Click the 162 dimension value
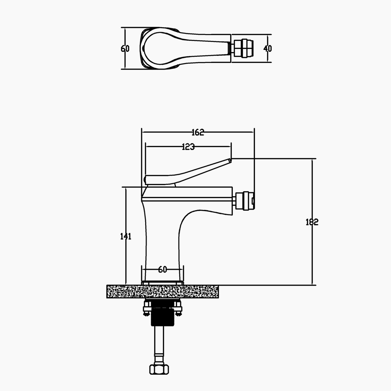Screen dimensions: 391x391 coord(198,132)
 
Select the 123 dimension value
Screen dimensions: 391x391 coord(188,147)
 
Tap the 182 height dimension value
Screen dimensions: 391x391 coord(312,222)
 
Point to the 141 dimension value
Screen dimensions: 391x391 coord(126,236)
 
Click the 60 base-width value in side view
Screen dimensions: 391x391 coord(162,270)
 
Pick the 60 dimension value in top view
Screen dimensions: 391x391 coord(125,49)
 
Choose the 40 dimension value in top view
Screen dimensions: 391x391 coord(268,49)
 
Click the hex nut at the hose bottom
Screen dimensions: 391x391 coord(159,369)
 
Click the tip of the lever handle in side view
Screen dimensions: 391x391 coord(230,160)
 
